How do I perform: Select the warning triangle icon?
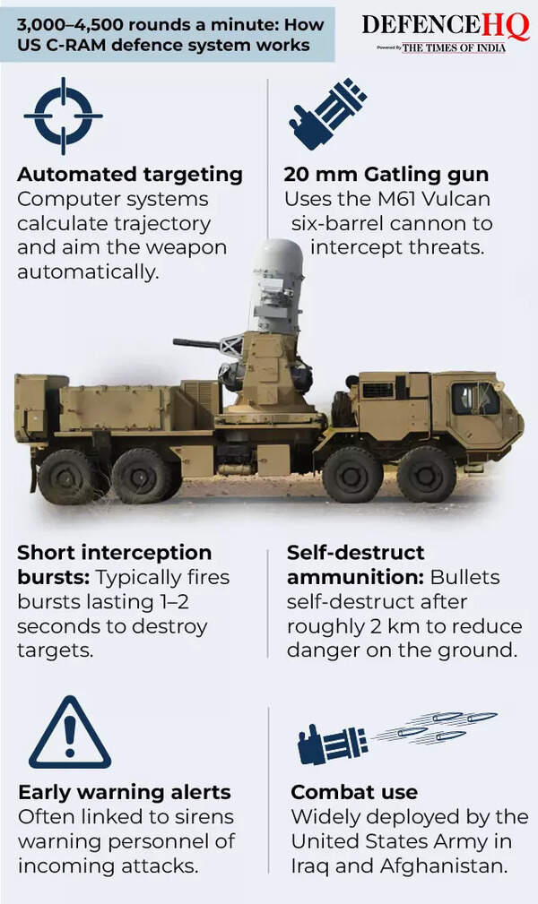pos(70,732)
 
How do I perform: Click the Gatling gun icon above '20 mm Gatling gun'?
pos(327,114)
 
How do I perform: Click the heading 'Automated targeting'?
pos(130,174)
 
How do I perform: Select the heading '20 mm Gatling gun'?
pos(386,174)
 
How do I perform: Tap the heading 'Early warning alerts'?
pos(125,792)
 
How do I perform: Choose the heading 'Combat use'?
pos(354,792)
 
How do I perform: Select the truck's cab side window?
pos(474,399)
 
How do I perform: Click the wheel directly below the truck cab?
pos(427,475)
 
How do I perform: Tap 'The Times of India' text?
pos(454,47)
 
